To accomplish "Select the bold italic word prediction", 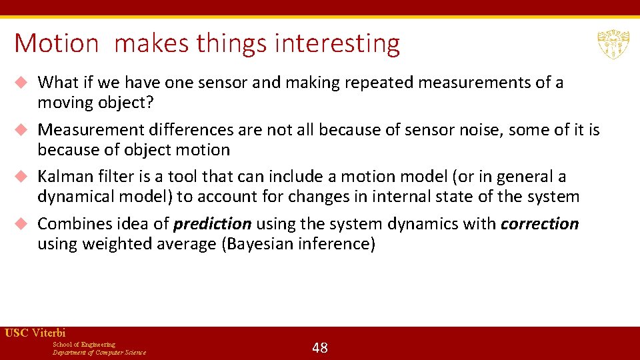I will click(213, 224).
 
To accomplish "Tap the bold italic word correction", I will click(539, 224).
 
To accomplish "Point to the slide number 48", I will click(320, 347).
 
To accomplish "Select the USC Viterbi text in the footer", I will click(35, 333).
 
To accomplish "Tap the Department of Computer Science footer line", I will click(99, 353).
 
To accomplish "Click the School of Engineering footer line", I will click(84, 344).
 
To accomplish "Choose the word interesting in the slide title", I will click(337, 43).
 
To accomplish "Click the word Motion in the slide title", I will click(56, 43).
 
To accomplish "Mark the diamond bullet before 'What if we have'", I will click(21, 83).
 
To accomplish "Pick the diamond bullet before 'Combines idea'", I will click(21, 224).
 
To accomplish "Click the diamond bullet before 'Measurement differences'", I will click(21, 130).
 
